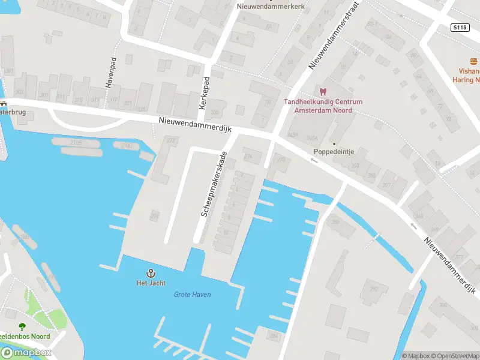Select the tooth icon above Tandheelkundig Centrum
(x=323, y=92)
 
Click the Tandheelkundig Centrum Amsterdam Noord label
(x=323, y=106)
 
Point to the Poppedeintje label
(x=334, y=152)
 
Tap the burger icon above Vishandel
(x=474, y=62)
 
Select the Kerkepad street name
(x=205, y=93)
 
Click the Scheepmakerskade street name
(x=214, y=184)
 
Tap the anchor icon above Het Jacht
(x=143, y=272)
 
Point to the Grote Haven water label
(x=192, y=295)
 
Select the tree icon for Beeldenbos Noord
(x=22, y=327)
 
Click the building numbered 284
(x=274, y=336)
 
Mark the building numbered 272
(x=171, y=141)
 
